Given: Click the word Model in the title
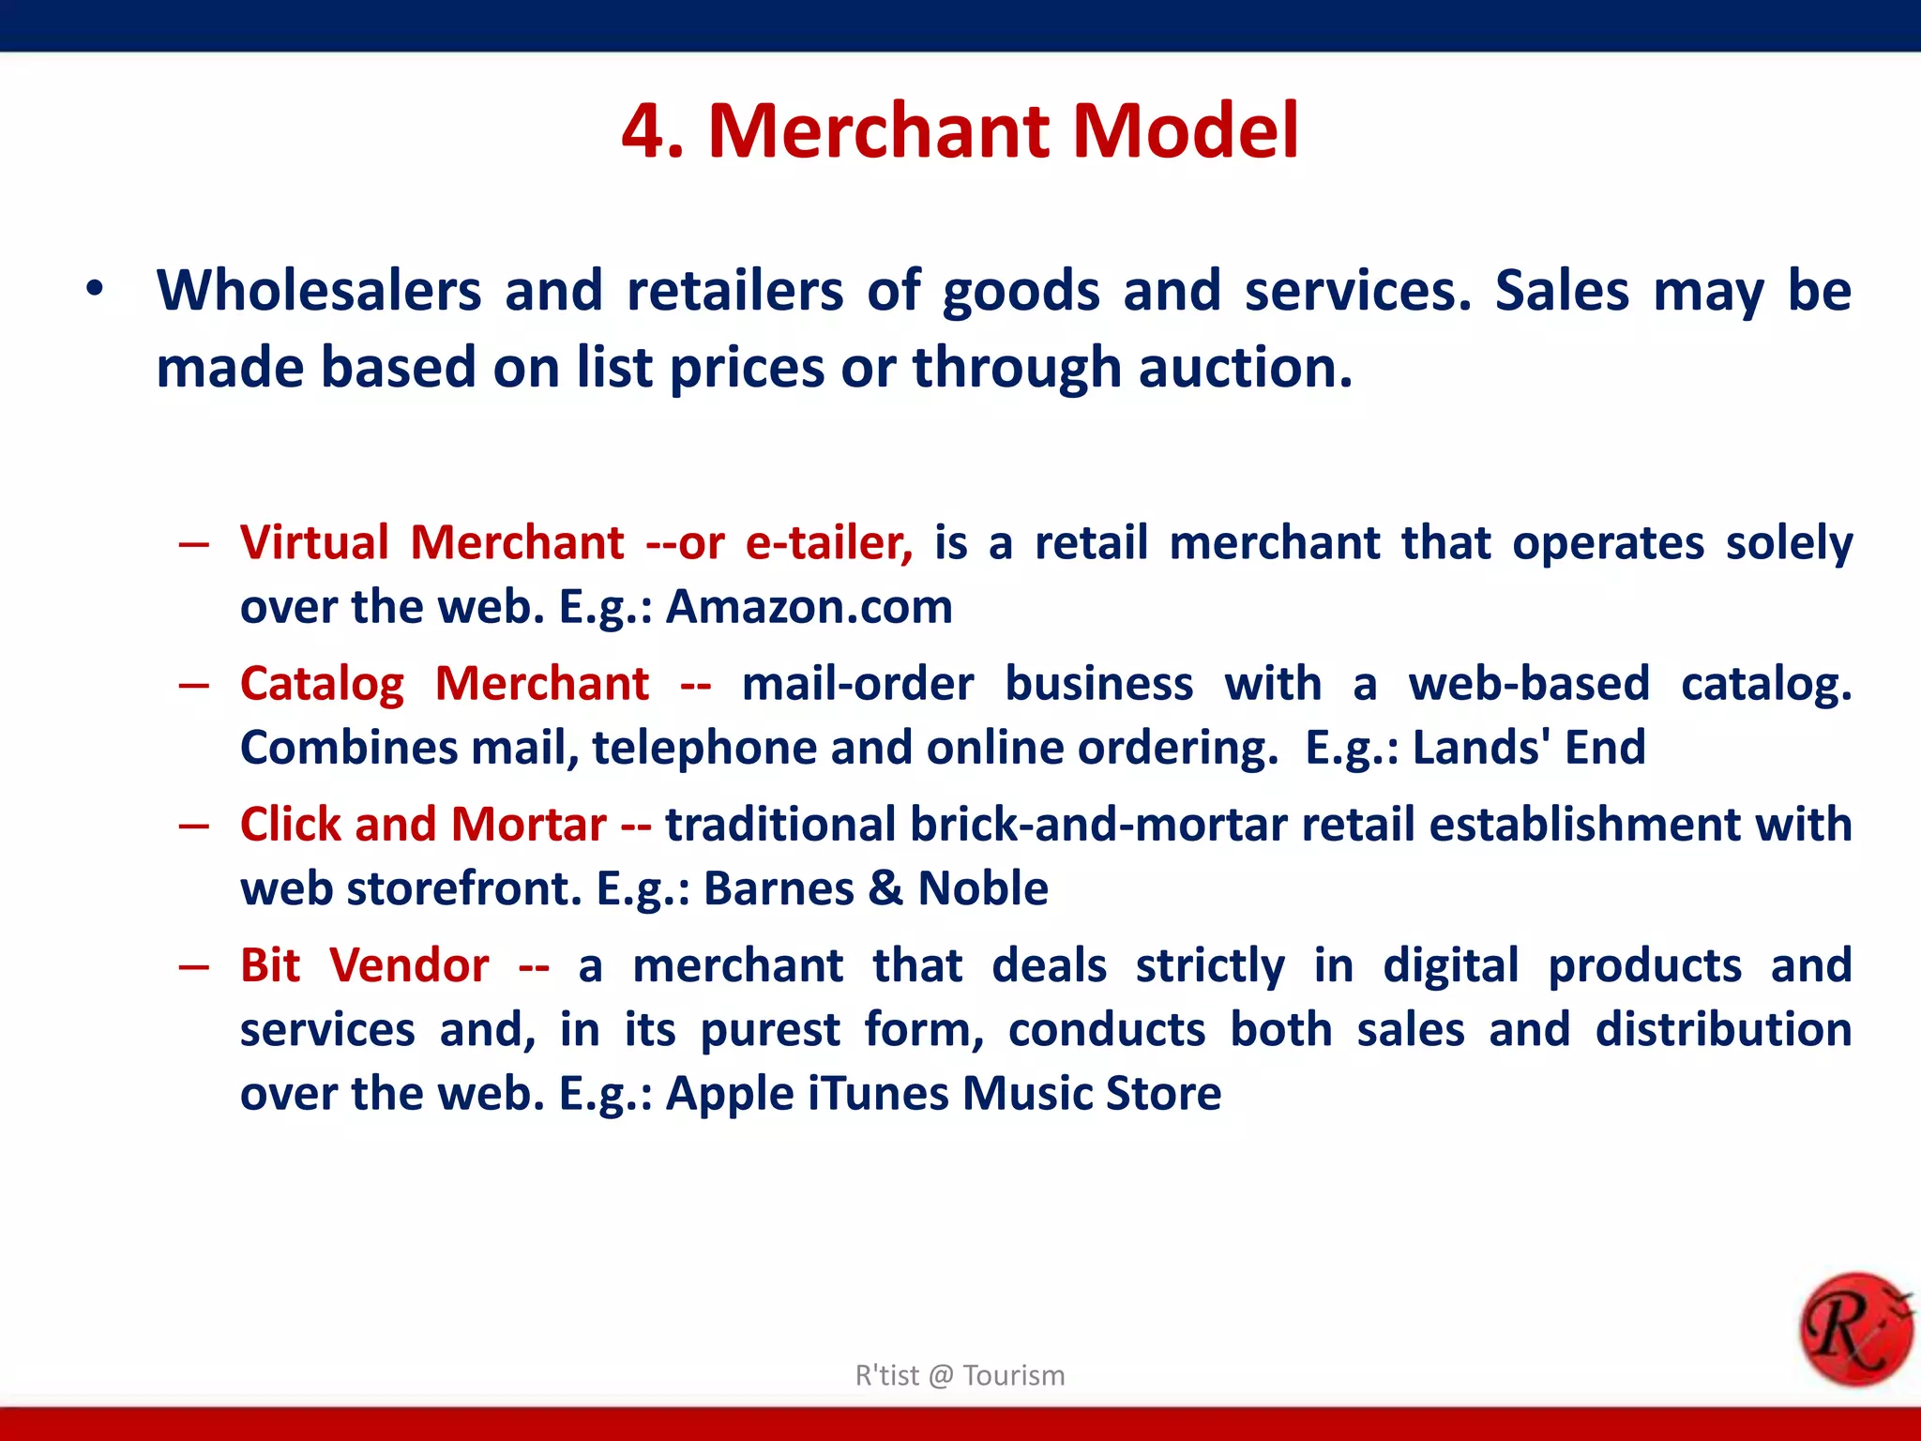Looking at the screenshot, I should point(1186,131).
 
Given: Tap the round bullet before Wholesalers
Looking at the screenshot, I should point(94,289).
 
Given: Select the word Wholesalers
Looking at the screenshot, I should point(319,291).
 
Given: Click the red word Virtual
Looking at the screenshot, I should point(314,543).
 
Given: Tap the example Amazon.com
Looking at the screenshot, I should point(809,607).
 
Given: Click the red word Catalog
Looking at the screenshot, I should point(322,684).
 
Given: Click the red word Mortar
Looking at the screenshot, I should point(529,825).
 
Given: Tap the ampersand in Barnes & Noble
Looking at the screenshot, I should point(885,888).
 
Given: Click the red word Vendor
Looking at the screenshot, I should point(409,965).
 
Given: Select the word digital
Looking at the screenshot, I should point(1450,965).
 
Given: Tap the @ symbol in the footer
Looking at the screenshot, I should point(941,1375).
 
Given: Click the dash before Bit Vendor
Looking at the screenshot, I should point(193,966).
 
